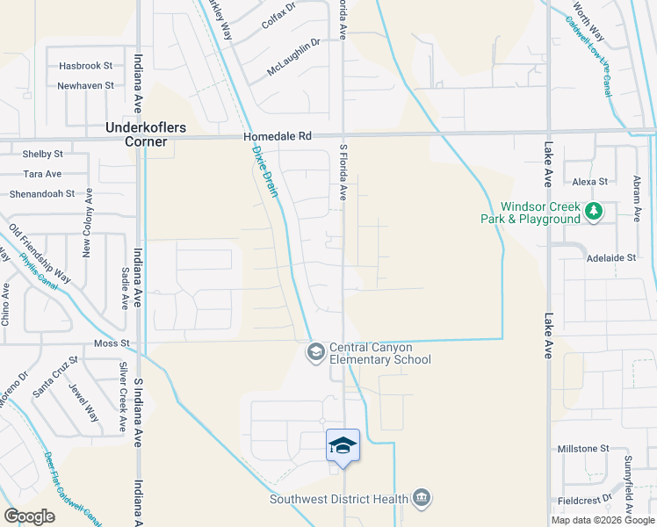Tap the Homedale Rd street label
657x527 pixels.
280,137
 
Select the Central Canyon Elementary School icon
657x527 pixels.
314,352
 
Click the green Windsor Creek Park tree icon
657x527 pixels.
595,211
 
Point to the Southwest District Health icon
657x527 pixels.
422,499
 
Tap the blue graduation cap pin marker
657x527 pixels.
343,445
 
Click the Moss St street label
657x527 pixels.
112,343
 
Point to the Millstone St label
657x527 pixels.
583,449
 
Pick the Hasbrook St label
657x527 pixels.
85,66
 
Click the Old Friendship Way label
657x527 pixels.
41,256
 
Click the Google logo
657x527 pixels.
29,516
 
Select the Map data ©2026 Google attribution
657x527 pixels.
602,520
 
